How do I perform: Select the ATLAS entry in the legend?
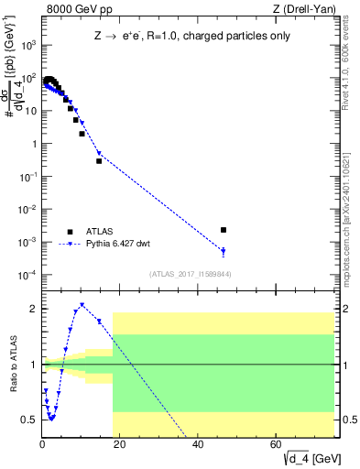point(95,232)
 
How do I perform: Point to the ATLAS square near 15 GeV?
point(99,161)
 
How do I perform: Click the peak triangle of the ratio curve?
point(82,305)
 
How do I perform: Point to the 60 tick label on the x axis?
point(277,445)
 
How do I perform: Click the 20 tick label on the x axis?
point(121,445)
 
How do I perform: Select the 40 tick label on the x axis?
point(199,445)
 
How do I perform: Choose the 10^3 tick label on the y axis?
point(28,45)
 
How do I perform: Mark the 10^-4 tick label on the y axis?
point(28,275)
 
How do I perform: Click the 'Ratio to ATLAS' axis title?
point(13,364)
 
